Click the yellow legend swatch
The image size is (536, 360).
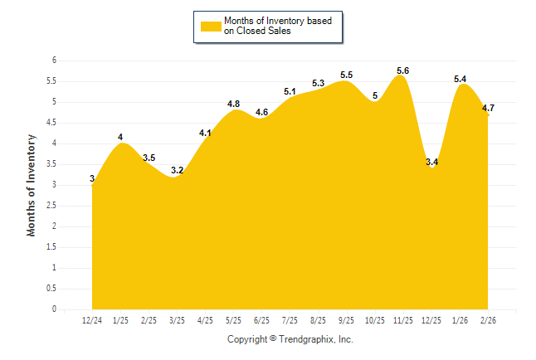click(x=210, y=26)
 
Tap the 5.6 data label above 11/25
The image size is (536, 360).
click(x=402, y=70)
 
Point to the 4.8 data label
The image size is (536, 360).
click(x=233, y=104)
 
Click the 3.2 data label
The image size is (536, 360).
click(x=177, y=170)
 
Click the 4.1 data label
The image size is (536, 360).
click(x=205, y=133)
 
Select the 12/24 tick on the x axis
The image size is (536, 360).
click(x=91, y=319)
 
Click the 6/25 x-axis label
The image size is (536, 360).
click(x=262, y=319)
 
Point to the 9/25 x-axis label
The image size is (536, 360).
click(x=347, y=319)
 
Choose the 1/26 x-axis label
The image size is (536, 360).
click(x=460, y=319)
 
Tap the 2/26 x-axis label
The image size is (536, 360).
click(x=490, y=319)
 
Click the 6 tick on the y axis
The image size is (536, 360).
click(x=53, y=61)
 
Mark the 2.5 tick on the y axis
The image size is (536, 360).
click(x=51, y=206)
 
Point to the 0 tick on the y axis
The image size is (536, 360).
click(x=53, y=309)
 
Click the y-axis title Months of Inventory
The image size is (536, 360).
click(x=32, y=185)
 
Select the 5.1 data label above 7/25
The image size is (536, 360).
click(x=290, y=91)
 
